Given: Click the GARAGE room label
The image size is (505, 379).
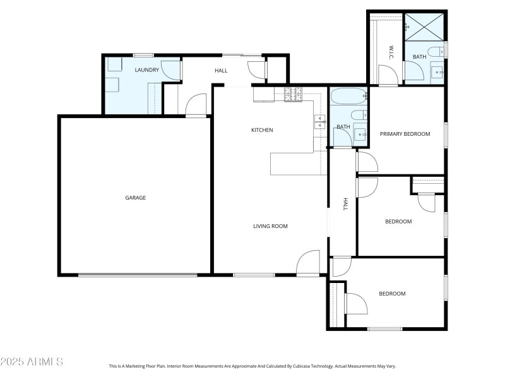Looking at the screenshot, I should tap(135, 198).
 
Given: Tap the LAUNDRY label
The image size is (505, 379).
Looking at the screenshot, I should tap(146, 70).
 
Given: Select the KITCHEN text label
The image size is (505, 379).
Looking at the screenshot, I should tap(262, 130).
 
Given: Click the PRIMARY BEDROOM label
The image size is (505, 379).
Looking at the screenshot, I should tap(405, 134).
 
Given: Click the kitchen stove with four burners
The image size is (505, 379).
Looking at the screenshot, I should tap(294, 95).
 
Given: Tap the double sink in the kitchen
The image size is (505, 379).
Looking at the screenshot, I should tap(319, 122).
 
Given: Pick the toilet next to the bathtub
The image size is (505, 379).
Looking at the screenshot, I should tap(358, 115).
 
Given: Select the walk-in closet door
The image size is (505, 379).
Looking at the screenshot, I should tap(388, 76).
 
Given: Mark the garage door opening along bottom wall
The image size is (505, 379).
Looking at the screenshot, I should tap(137, 275).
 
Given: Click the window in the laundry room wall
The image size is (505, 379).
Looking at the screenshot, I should tap(143, 55).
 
